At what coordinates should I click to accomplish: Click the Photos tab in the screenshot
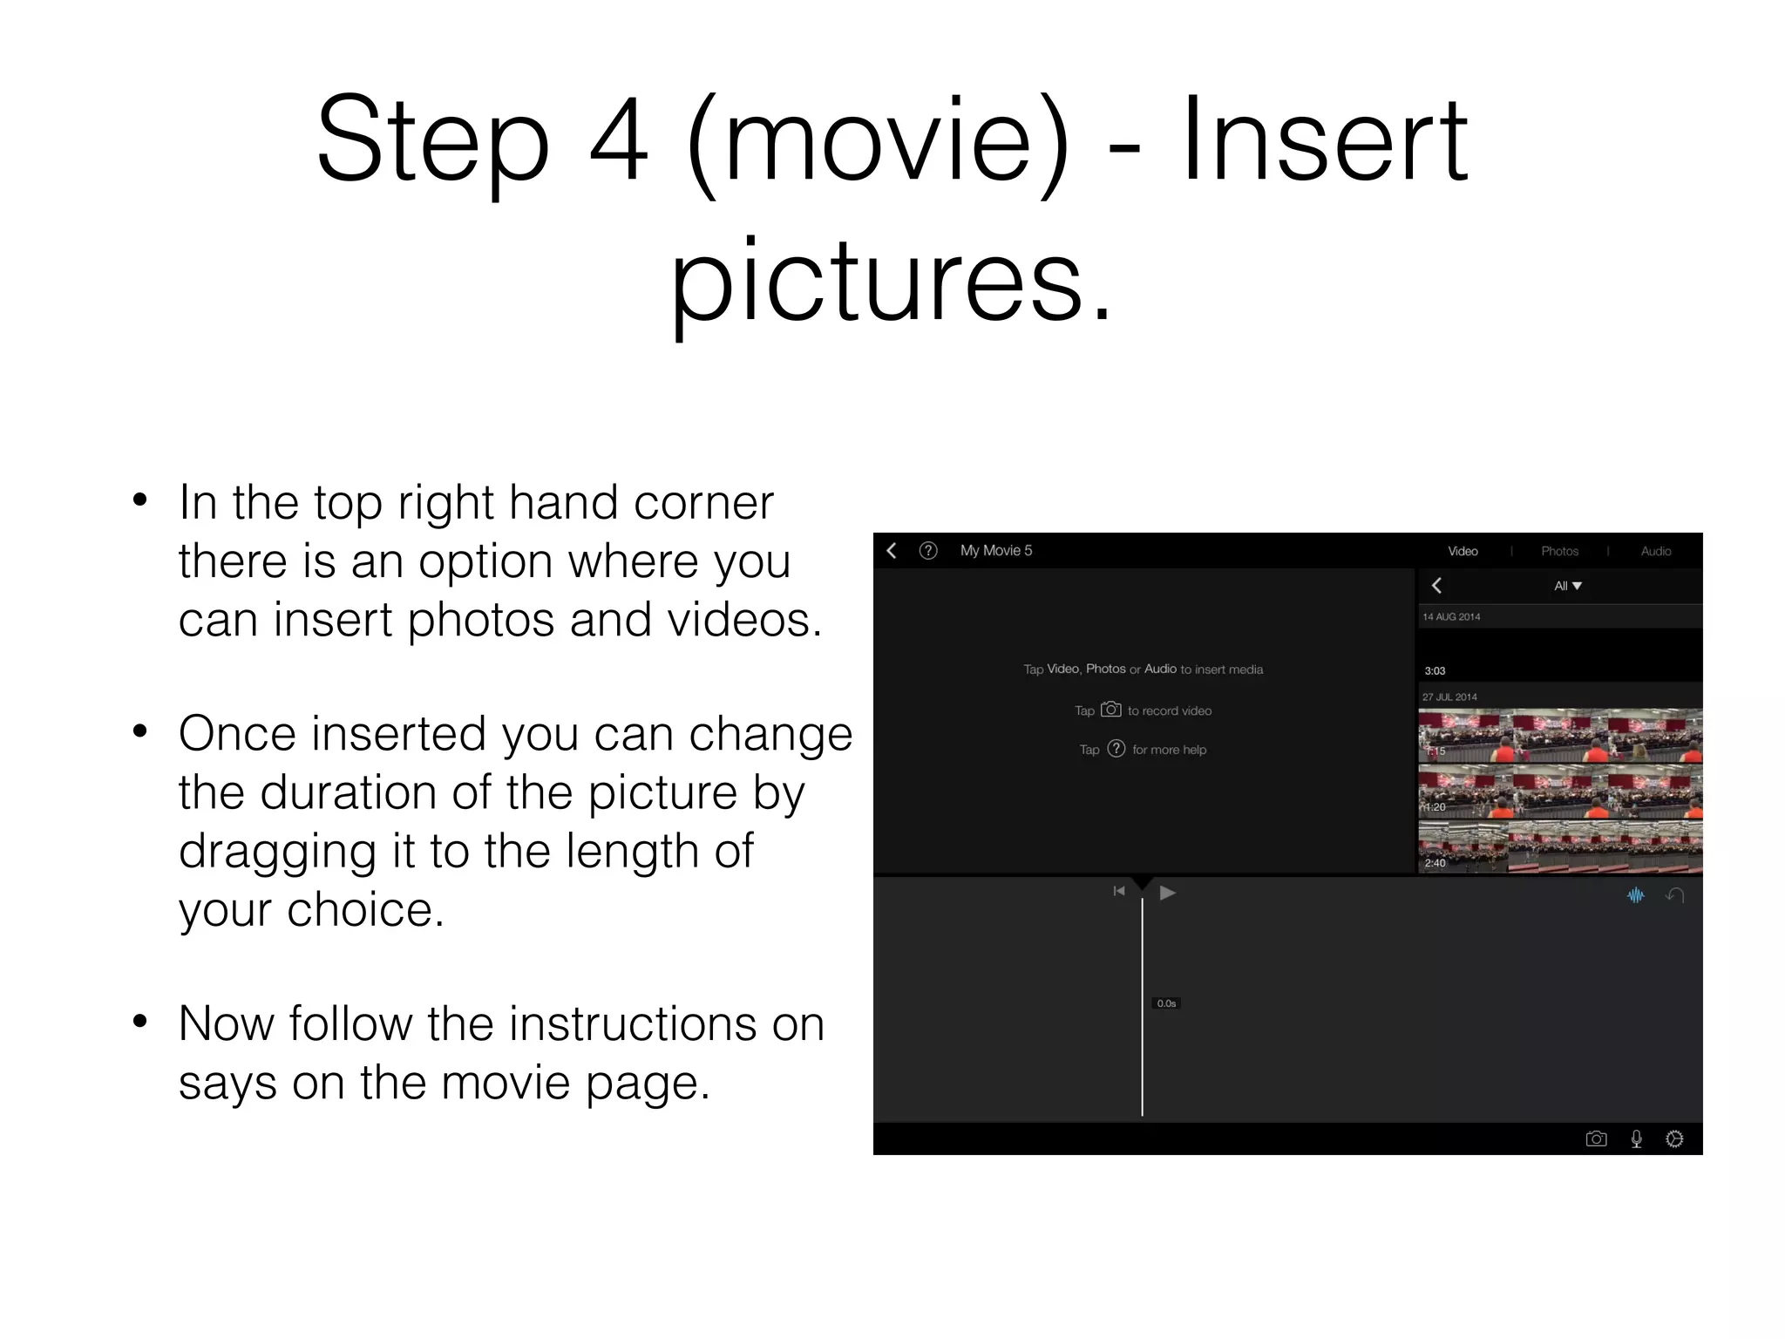point(1559,551)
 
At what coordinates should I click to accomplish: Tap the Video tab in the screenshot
point(1463,551)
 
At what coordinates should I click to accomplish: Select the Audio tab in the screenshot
point(1655,551)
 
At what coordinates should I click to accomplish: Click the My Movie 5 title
point(995,550)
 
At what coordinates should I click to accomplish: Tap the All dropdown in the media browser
point(1567,586)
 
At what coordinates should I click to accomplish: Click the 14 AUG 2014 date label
point(1451,616)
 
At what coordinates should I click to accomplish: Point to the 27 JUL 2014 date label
point(1449,697)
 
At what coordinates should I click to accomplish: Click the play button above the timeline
point(1168,892)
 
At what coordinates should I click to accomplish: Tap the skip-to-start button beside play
point(1119,891)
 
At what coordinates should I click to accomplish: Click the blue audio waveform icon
point(1636,895)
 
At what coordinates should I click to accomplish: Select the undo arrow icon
point(1674,895)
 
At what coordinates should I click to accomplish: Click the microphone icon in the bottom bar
point(1636,1138)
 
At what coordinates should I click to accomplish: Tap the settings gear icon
point(1674,1138)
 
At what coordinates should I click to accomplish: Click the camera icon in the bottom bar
point(1596,1138)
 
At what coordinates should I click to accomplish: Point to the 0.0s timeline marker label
point(1166,1003)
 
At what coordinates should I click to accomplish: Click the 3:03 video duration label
point(1435,670)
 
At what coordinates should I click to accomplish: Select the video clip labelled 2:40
point(1559,846)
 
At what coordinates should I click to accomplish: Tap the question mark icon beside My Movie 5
point(928,550)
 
